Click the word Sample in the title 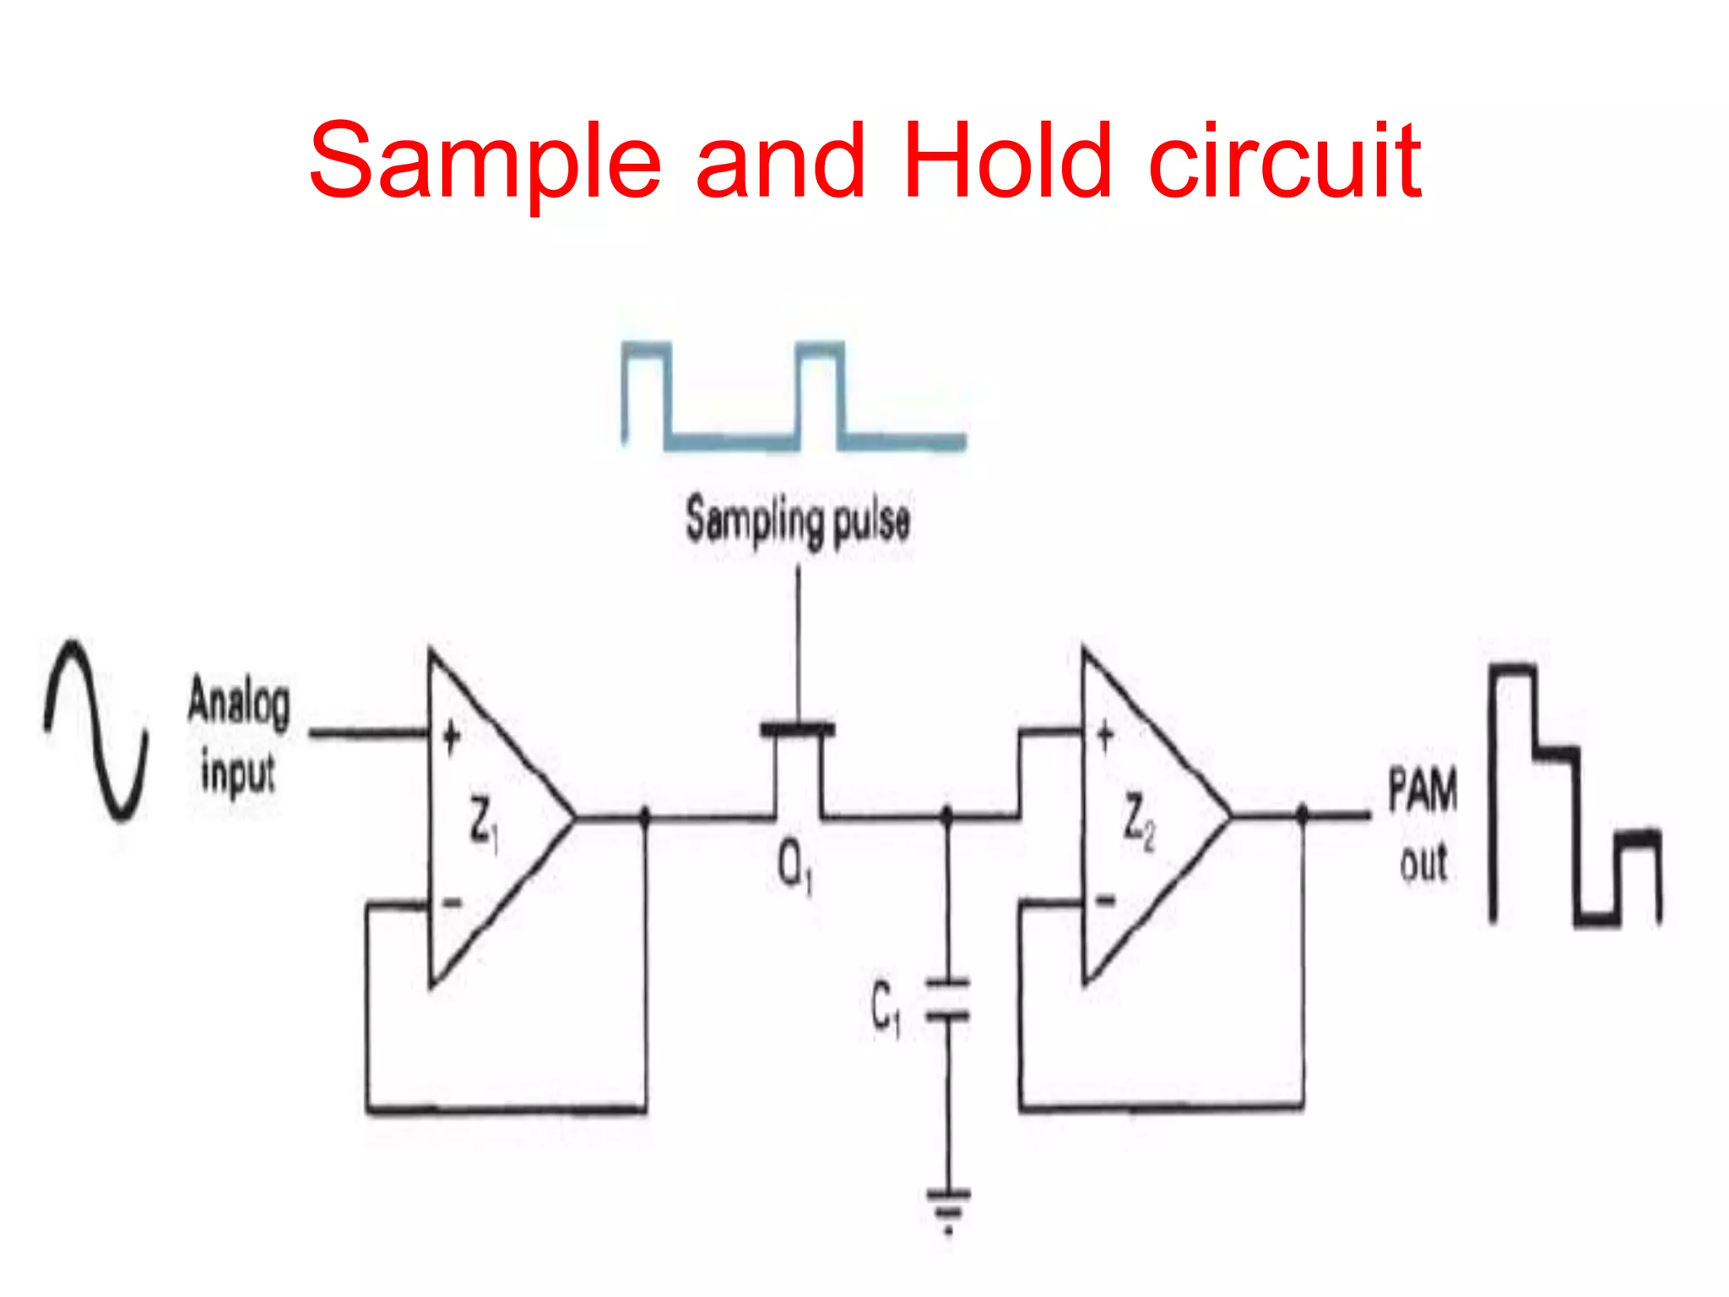tap(485, 163)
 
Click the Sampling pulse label tap(798, 521)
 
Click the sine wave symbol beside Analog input tap(96, 731)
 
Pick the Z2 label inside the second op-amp tap(1138, 822)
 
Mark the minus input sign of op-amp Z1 tap(453, 904)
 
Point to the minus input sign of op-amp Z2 tap(1105, 901)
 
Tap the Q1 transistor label tap(794, 867)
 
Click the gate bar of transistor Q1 tap(797, 728)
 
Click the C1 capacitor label tap(886, 1007)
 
